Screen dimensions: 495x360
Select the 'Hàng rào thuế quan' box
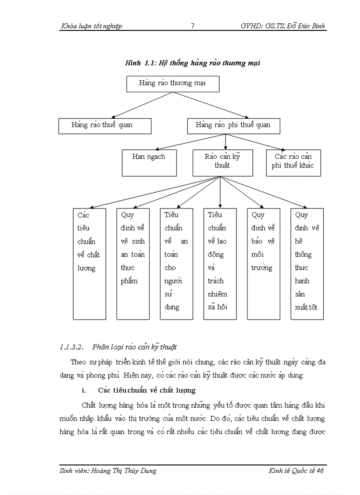[105, 126]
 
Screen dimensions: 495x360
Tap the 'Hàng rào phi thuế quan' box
[233, 126]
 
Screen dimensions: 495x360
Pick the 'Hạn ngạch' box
[149, 163]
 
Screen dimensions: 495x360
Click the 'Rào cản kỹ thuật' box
[223, 163]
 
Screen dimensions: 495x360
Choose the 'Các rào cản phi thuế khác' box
[293, 163]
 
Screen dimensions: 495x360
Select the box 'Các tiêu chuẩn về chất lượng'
[89, 264]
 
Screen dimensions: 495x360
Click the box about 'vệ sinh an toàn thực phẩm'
[133, 264]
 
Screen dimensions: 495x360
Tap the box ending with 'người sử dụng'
[176, 264]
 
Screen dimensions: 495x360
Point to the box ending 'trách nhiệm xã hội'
[220, 264]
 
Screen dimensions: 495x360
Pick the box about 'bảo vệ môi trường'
[263, 264]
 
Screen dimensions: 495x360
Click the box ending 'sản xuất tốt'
[307, 264]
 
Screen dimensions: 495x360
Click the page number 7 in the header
[192, 26]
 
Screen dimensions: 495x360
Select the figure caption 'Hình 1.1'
[193, 63]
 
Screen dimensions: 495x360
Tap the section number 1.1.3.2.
[71, 347]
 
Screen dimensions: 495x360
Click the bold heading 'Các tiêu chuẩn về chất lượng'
[147, 391]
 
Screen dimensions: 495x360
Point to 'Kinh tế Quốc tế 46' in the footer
[296, 471]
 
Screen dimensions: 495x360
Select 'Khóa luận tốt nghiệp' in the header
[91, 26]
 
